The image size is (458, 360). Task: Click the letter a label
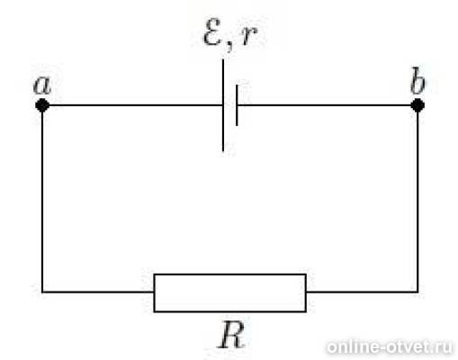click(42, 85)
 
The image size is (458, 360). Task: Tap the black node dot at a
click(42, 105)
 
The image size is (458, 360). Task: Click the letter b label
click(418, 80)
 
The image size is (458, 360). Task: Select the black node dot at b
click(418, 105)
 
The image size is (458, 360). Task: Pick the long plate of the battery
click(223, 105)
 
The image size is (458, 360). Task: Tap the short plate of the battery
click(237, 105)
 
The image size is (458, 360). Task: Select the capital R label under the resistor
click(230, 335)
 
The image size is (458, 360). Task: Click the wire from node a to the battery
click(136, 105)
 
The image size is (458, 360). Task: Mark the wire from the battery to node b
click(325, 105)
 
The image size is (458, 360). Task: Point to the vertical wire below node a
click(42, 202)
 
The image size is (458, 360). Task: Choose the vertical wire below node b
click(418, 202)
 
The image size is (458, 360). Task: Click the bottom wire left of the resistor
click(98, 292)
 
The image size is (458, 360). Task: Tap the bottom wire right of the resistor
click(362, 292)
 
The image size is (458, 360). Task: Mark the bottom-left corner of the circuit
click(42, 292)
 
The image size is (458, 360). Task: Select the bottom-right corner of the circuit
click(418, 292)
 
